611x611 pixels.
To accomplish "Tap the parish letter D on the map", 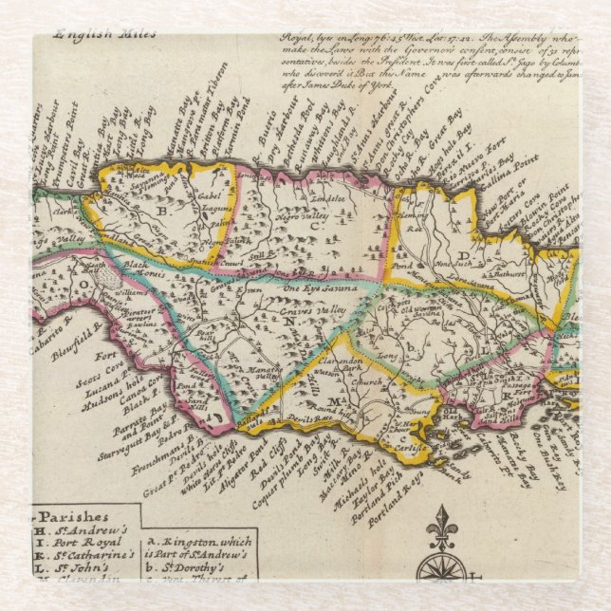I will pyautogui.click(x=463, y=254).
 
